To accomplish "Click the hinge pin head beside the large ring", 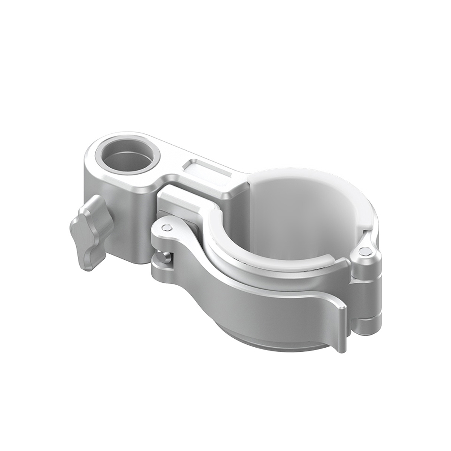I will click(x=363, y=252).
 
